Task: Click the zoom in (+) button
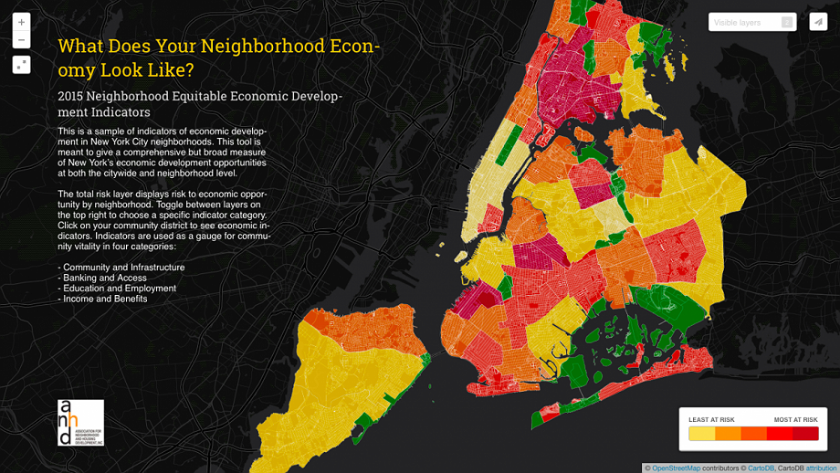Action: (21, 22)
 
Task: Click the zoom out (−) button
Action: (21, 40)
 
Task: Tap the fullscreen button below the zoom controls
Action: (21, 65)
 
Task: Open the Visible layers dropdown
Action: (744, 22)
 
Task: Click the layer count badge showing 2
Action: (787, 22)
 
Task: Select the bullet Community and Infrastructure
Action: (123, 268)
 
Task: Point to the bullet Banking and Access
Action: (104, 278)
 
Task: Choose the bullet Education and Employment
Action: (119, 289)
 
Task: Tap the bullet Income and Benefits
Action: (104, 299)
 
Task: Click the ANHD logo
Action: (80, 423)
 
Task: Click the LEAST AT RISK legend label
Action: (711, 420)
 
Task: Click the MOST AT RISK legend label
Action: (795, 420)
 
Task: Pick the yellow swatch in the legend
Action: (701, 434)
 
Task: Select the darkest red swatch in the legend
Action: (805, 434)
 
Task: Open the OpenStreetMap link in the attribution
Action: (676, 468)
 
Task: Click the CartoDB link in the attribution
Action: (761, 468)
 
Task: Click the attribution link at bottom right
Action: (821, 468)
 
